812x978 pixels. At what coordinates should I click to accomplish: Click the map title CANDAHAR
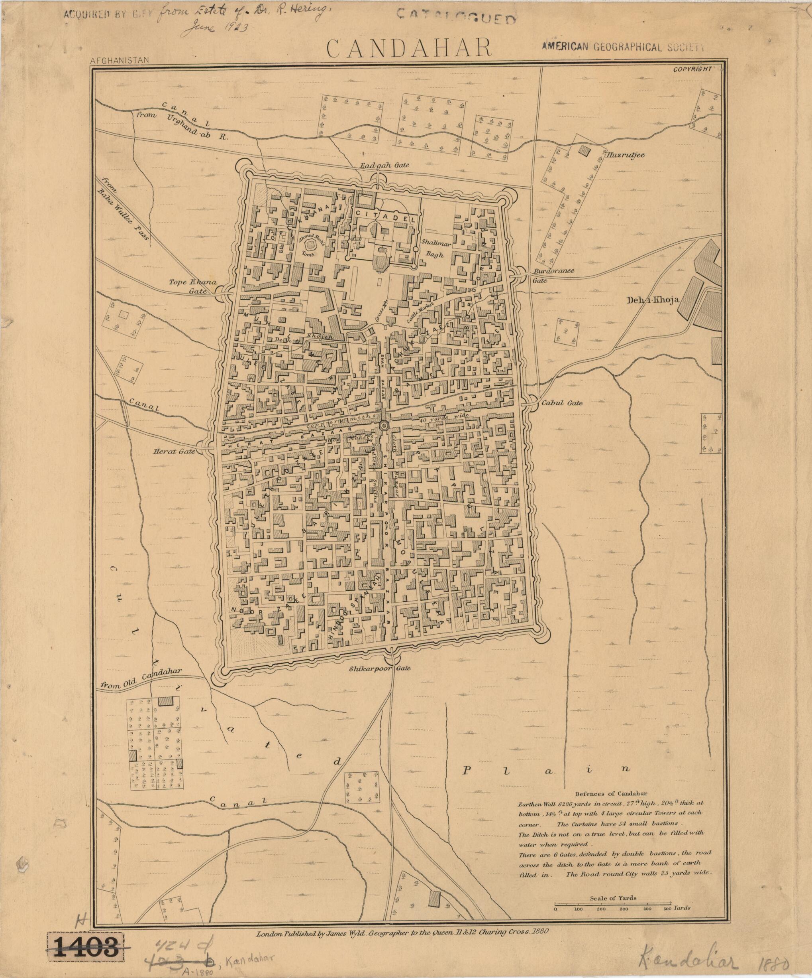point(409,48)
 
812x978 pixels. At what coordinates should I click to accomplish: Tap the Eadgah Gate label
point(383,166)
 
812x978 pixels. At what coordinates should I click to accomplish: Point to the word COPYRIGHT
point(692,69)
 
